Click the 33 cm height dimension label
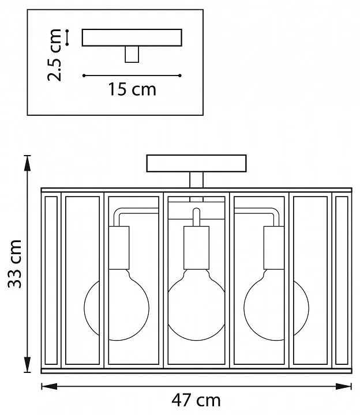pyautogui.click(x=14, y=264)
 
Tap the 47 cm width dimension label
pyautogui.click(x=196, y=401)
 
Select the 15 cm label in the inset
pyautogui.click(x=132, y=89)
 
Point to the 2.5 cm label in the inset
pyautogui.click(x=54, y=55)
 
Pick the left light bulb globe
pyautogui.click(x=117, y=307)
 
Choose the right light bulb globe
pyautogui.click(x=276, y=307)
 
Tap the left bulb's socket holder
pyautogui.click(x=119, y=248)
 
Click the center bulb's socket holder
pyautogui.click(x=196, y=248)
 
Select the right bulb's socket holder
pyautogui.click(x=274, y=248)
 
